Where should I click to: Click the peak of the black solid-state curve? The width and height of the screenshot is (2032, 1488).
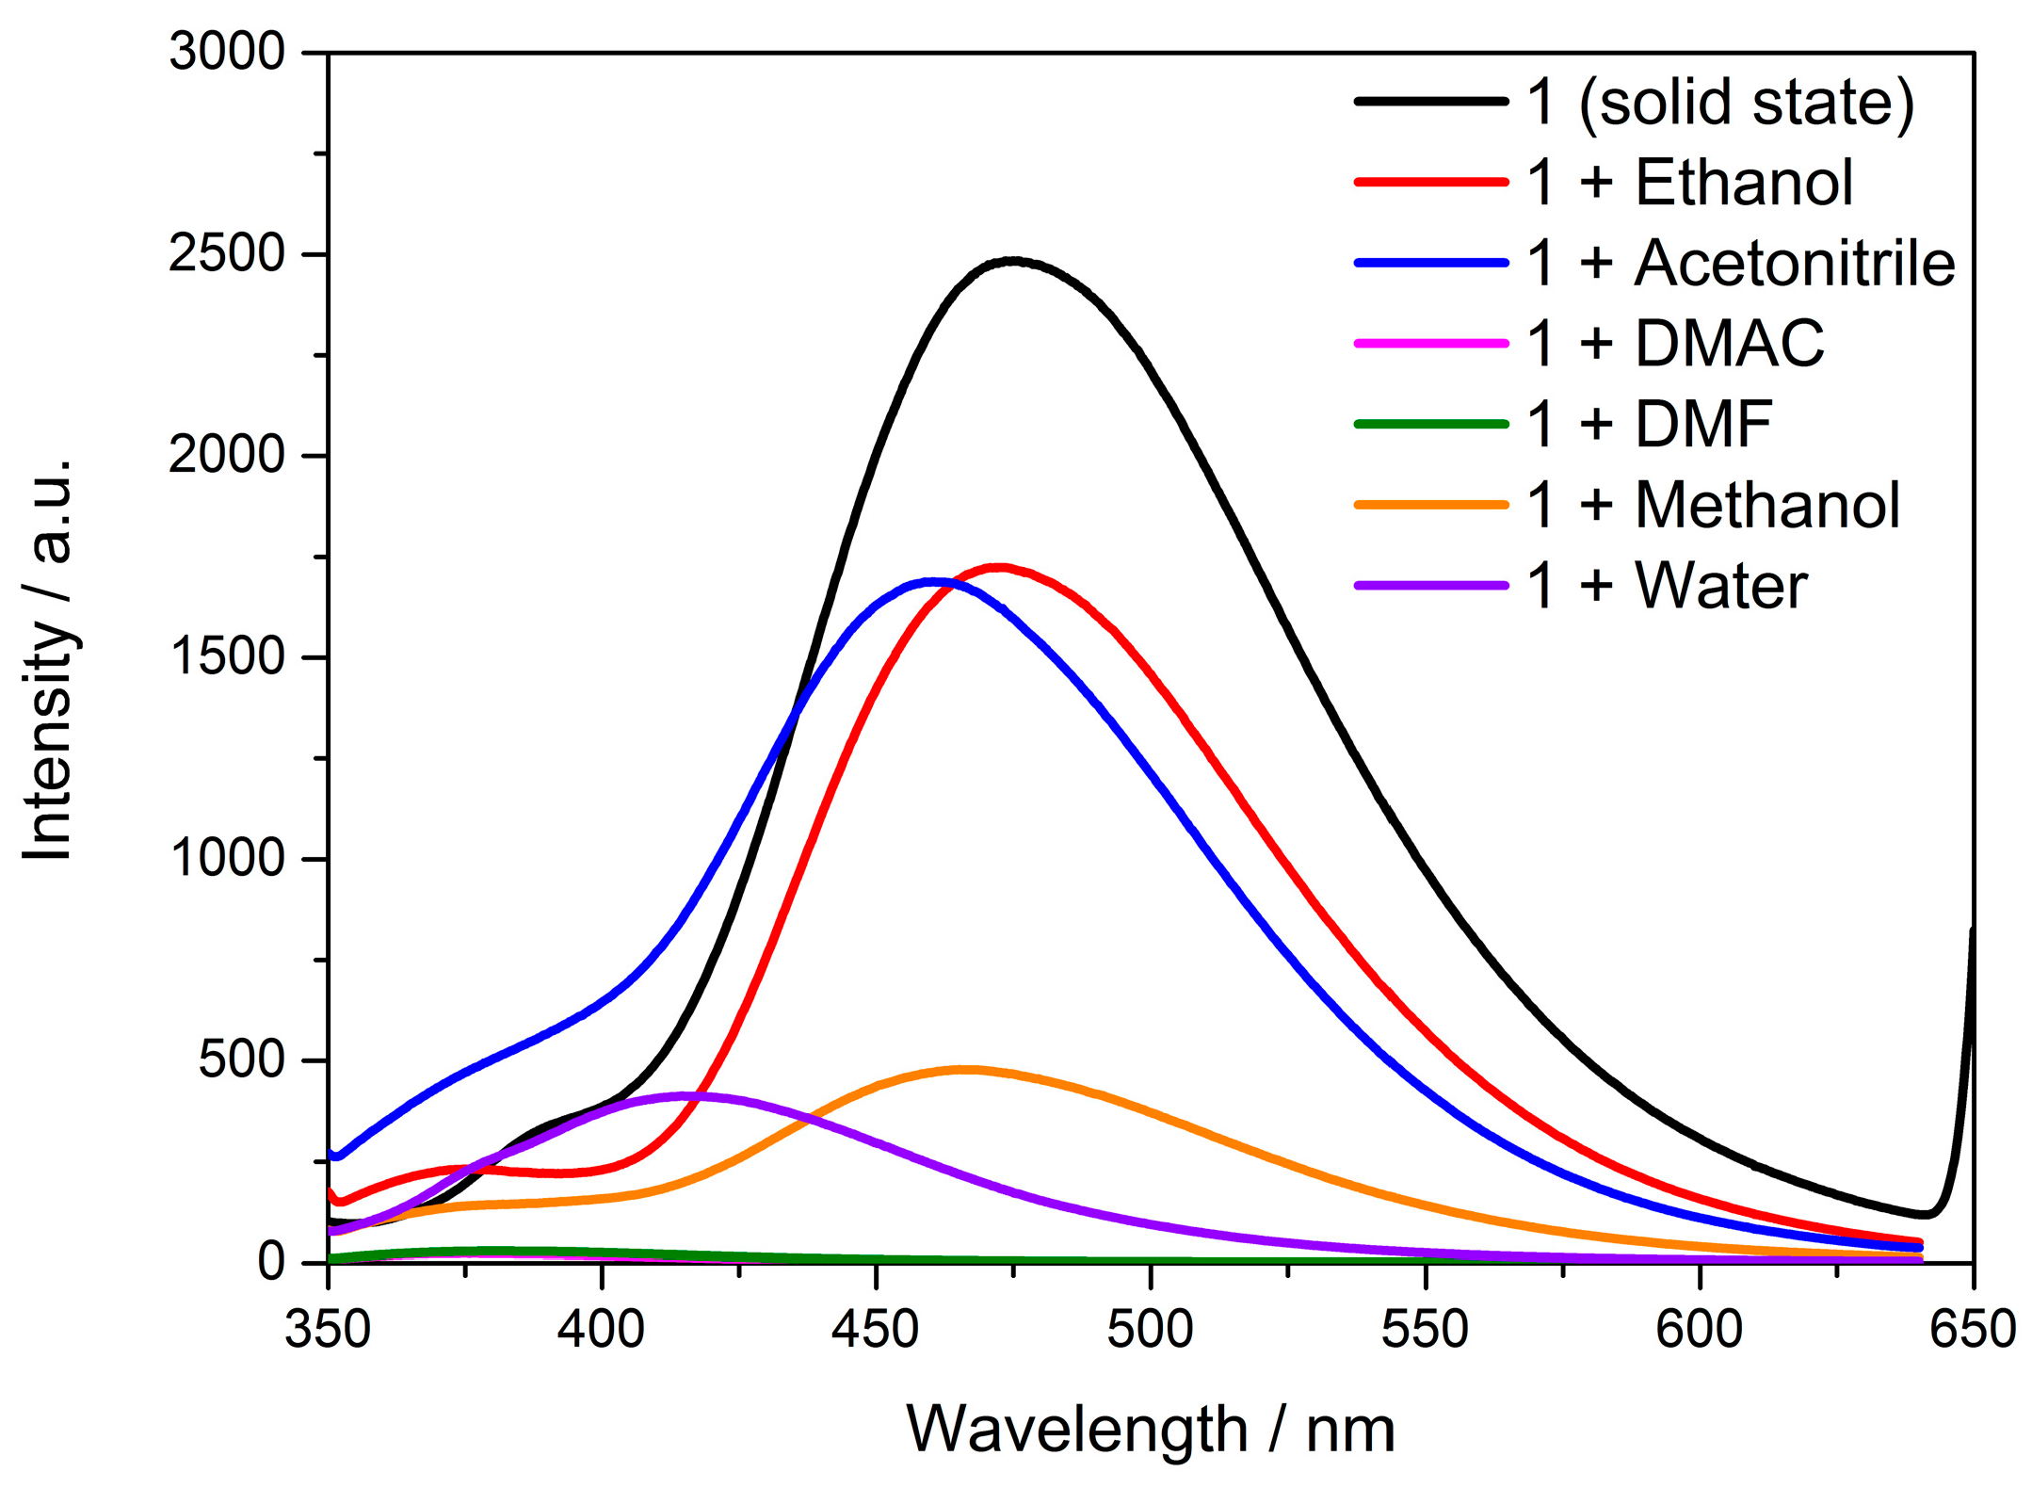1013,260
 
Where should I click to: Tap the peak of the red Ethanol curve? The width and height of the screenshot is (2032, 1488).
1000,567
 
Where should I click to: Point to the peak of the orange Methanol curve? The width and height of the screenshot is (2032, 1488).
963,1069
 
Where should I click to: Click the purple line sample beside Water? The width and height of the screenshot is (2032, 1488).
1431,586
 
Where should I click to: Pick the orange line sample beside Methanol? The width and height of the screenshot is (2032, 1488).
1431,505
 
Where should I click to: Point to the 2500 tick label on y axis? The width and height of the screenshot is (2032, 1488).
226,254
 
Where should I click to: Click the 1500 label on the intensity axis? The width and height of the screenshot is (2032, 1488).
226,656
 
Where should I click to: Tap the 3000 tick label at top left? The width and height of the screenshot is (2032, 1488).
226,52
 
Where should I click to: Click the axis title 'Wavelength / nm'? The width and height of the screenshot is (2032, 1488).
1150,1430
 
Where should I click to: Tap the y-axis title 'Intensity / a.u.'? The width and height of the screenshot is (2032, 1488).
49,659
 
